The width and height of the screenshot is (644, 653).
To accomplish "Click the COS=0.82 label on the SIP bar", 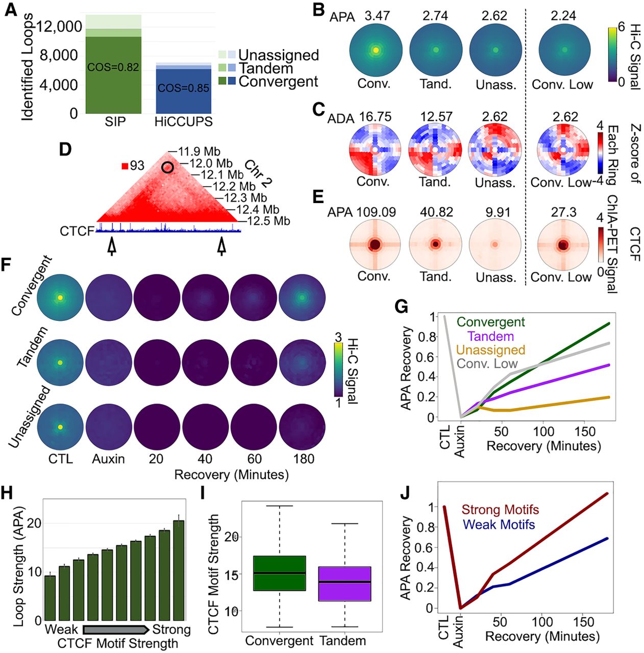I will coord(113,67).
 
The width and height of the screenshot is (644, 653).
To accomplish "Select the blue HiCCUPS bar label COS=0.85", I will coord(183,88).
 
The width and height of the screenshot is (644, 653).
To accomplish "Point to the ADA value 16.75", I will coord(375,117).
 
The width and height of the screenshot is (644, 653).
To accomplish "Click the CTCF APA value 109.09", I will coord(376,212).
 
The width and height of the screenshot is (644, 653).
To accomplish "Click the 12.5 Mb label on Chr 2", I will coord(268,221).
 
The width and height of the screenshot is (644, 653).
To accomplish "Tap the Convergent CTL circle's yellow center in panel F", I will coord(60,297).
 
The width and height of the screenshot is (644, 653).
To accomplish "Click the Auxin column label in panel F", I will coord(108,459).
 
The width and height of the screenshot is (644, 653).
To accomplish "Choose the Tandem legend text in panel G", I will coord(490,336).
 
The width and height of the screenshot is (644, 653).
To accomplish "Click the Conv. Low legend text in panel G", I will coord(487,364).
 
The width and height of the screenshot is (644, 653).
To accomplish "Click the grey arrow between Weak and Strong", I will coord(116,629).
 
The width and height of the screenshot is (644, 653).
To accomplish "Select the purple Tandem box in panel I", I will coord(344,584).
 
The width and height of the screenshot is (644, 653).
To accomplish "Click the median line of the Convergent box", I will coord(279,573).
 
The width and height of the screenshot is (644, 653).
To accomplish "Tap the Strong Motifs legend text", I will coord(500,510).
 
